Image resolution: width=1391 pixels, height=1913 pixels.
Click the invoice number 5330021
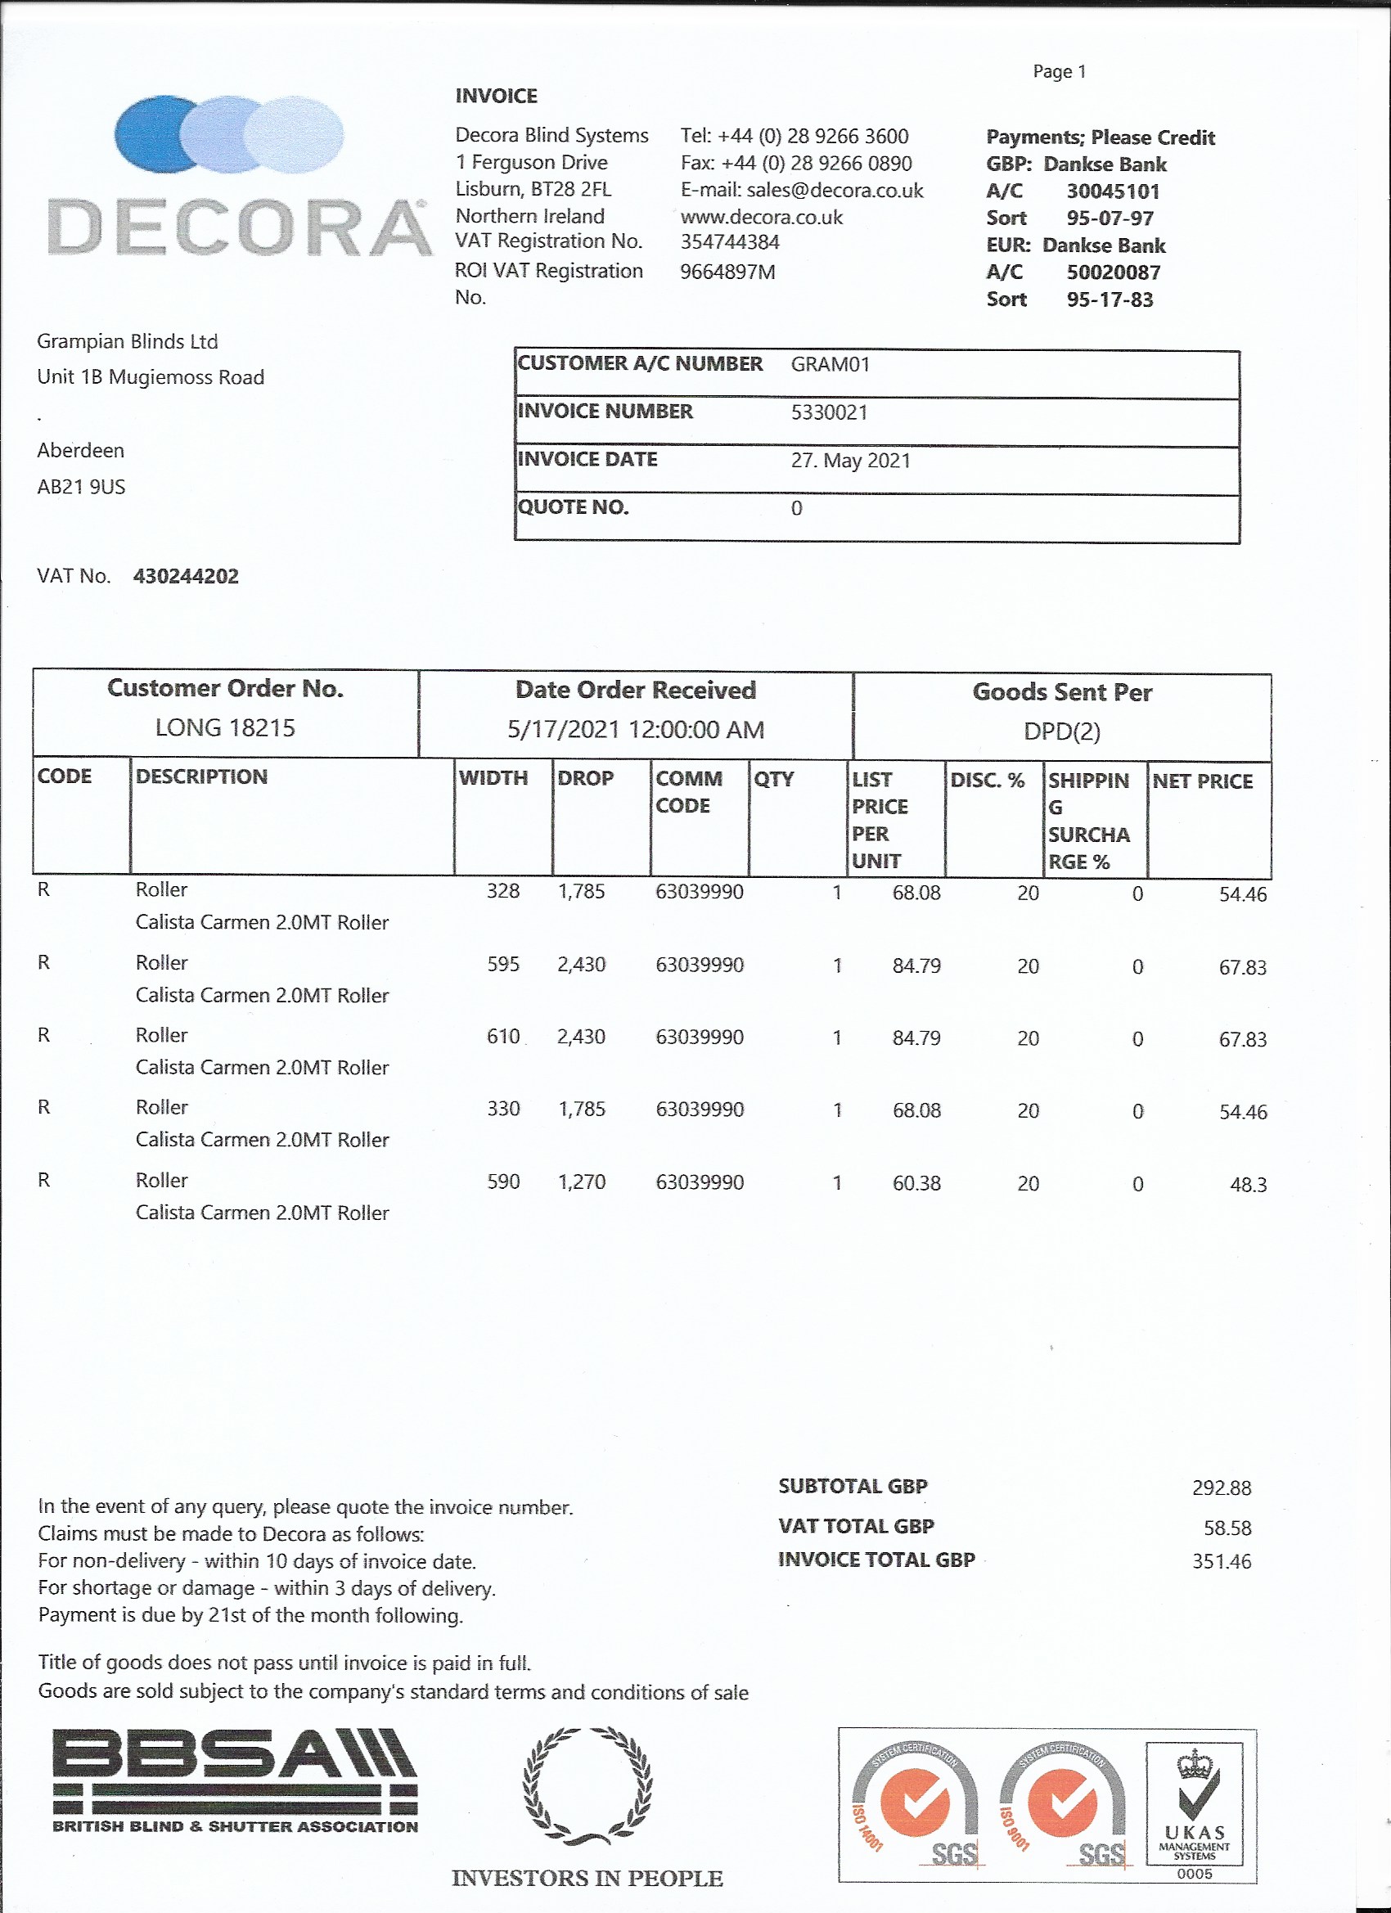point(828,412)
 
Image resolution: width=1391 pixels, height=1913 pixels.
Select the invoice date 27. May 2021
point(850,461)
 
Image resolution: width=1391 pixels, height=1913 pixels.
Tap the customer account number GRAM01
point(830,364)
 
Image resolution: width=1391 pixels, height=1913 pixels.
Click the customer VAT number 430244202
point(186,576)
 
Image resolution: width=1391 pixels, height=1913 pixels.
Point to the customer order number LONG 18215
point(225,728)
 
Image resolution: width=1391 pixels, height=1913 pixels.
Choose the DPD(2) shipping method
point(1061,731)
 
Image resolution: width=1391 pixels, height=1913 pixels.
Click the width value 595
point(502,964)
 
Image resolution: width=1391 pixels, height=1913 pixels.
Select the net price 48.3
point(1248,1185)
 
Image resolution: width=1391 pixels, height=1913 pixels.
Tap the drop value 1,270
point(581,1182)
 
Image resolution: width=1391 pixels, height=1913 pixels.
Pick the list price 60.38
point(916,1183)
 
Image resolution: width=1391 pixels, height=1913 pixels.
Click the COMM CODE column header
point(689,792)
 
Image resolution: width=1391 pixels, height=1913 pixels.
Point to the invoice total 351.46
point(1221,1561)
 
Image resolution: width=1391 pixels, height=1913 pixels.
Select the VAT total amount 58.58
point(1227,1528)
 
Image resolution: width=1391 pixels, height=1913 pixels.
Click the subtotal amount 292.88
point(1221,1488)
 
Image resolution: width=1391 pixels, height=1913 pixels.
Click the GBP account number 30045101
point(1113,191)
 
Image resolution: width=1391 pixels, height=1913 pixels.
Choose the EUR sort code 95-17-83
point(1110,299)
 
